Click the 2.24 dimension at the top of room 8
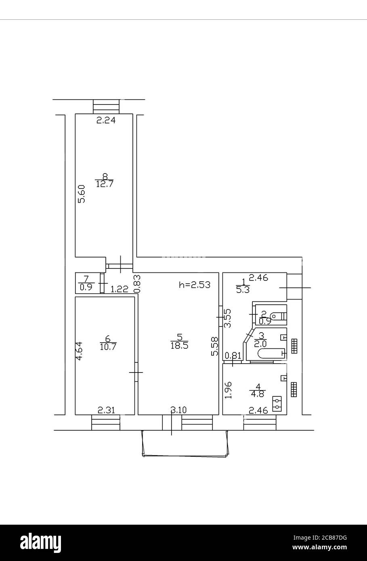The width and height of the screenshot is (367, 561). click(106, 120)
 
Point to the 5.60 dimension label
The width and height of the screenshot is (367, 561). click(82, 194)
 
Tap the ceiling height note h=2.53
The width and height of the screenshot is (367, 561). click(195, 285)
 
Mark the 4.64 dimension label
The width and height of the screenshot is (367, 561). click(80, 351)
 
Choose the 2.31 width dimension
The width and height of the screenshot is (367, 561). click(107, 410)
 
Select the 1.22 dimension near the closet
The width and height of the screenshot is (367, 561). click(119, 289)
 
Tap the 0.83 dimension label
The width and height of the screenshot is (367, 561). click(137, 283)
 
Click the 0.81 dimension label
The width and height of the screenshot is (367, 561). click(233, 356)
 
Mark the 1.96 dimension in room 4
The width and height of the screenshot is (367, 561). click(229, 390)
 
